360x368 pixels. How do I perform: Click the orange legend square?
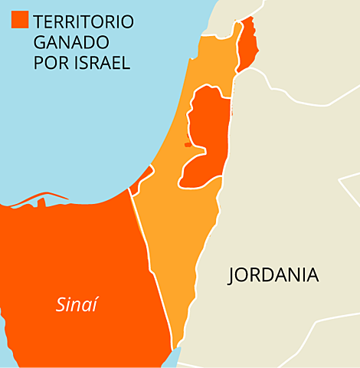coord(20,21)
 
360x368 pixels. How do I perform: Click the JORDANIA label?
coord(273,276)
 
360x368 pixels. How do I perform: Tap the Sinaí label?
coord(77,305)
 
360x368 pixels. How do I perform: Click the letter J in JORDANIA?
coord(232,276)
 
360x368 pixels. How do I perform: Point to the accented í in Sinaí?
coord(96,304)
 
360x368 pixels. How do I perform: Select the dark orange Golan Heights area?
coord(247,46)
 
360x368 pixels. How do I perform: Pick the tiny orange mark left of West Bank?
coord(187,144)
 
